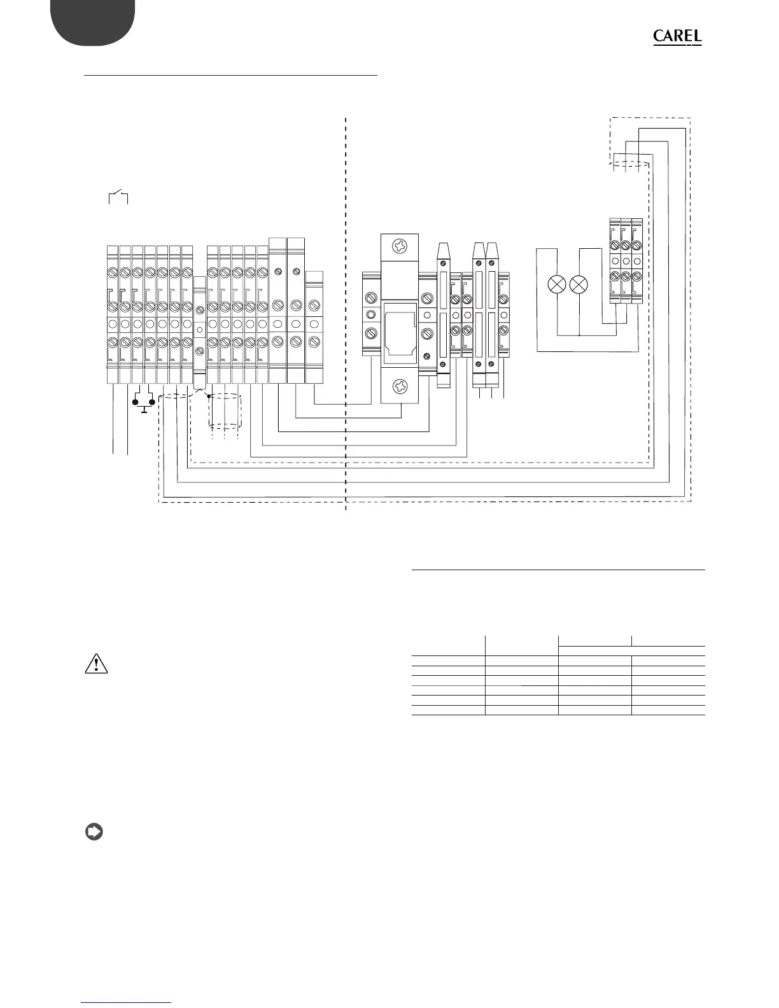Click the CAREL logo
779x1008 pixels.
(677, 38)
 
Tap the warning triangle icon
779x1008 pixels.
(96, 664)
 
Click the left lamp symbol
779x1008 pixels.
(558, 284)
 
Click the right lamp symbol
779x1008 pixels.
(579, 284)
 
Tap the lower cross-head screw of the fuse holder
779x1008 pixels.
(400, 386)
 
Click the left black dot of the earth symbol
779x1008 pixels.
(136, 402)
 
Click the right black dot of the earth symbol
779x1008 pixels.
(152, 402)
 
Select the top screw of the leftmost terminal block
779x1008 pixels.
(113, 272)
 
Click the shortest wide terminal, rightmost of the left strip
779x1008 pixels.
(314, 325)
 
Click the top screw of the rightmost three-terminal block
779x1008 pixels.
(637, 246)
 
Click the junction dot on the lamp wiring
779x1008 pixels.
(579, 334)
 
